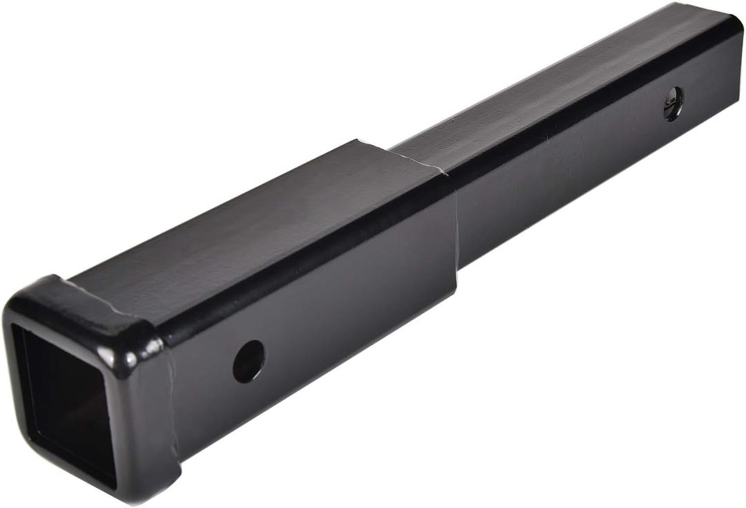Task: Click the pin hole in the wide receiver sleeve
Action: coord(249,361)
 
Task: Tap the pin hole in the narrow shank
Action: coord(673,104)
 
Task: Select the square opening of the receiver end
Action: coord(66,401)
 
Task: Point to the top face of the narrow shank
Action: coord(553,83)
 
